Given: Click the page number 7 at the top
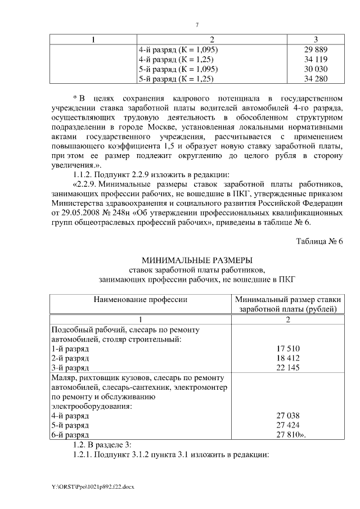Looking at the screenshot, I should [x=197, y=25].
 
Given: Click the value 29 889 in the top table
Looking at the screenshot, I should [x=316, y=50].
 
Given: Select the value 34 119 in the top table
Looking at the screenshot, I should [x=316, y=60].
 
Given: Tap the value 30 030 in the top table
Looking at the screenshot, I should [x=316, y=69].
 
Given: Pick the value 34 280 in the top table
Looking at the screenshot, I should [x=316, y=79].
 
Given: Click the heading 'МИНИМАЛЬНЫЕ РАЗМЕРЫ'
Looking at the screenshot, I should [x=197, y=260].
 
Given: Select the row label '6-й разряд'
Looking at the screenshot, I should [x=70, y=435].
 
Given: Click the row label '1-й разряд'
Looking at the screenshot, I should [x=70, y=349].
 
